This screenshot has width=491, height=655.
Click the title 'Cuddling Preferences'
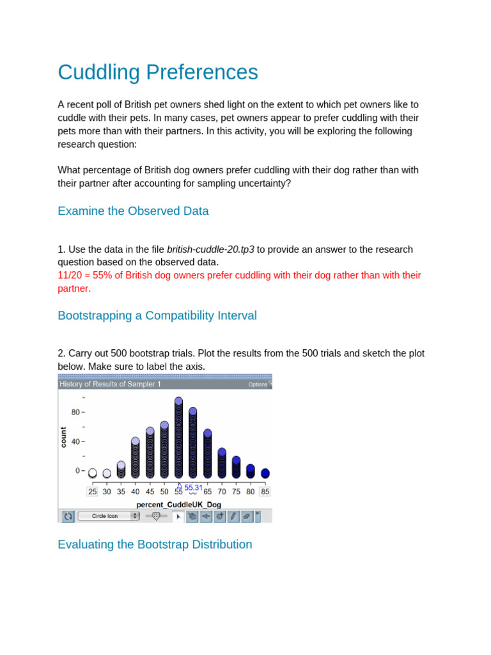158,72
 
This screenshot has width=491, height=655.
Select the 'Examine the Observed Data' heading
133,211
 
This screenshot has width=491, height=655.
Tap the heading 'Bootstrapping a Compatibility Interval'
157,315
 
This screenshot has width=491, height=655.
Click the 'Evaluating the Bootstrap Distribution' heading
155,544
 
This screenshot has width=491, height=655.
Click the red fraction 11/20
70,275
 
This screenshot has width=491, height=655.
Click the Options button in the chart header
258,384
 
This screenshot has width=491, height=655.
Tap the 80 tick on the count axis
75,412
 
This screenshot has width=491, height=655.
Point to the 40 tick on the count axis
75,441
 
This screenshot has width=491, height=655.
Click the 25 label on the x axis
93,491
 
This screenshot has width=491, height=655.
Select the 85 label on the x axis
265,491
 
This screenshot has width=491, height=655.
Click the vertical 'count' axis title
63,437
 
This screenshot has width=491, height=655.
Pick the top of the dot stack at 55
179,401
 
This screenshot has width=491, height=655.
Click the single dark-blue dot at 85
265,473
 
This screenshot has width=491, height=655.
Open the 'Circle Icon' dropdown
109,516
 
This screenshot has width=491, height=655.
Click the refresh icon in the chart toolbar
67,516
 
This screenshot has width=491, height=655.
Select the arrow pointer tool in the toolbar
178,516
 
